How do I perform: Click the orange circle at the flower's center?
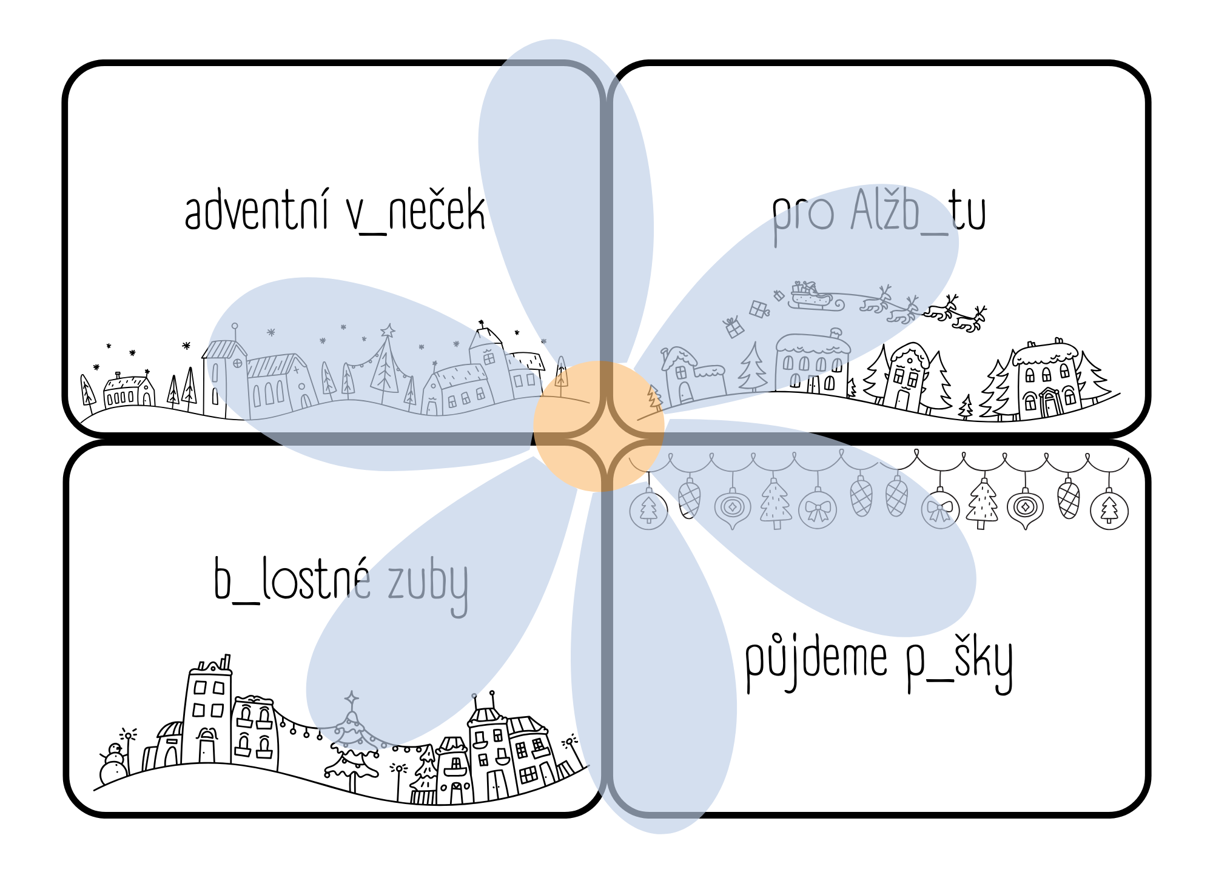tap(599, 426)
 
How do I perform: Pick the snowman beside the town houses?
tap(113, 765)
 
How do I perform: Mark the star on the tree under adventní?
tap(387, 331)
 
